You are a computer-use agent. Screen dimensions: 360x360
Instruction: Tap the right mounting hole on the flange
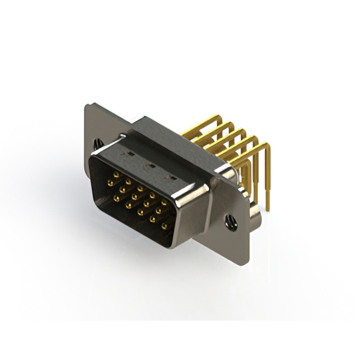[x=231, y=222]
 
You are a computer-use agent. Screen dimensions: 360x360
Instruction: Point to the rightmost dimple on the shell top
[x=167, y=177]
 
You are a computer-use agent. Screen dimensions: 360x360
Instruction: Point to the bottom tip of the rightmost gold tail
[x=268, y=209]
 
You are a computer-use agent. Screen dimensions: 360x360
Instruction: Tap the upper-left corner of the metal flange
[x=86, y=105]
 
